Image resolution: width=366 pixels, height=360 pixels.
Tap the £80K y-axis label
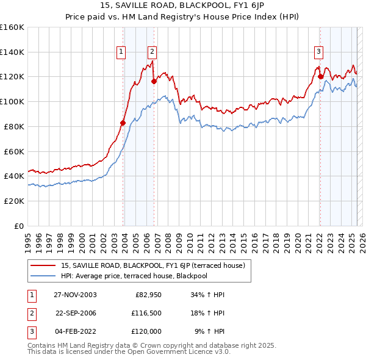click(14, 126)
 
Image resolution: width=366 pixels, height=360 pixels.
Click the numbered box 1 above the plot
click(122, 52)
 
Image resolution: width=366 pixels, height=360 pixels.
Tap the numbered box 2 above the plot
click(152, 52)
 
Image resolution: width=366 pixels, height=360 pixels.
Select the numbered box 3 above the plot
click(319, 52)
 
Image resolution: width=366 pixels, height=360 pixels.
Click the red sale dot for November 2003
click(123, 123)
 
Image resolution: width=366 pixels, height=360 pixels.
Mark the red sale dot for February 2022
click(320, 76)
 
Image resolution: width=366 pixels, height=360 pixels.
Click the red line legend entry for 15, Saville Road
click(152, 265)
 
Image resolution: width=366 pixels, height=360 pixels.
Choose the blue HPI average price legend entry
click(143, 276)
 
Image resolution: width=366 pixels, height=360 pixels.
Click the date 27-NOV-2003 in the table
click(75, 295)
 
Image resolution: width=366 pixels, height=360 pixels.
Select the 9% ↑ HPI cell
click(209, 331)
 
